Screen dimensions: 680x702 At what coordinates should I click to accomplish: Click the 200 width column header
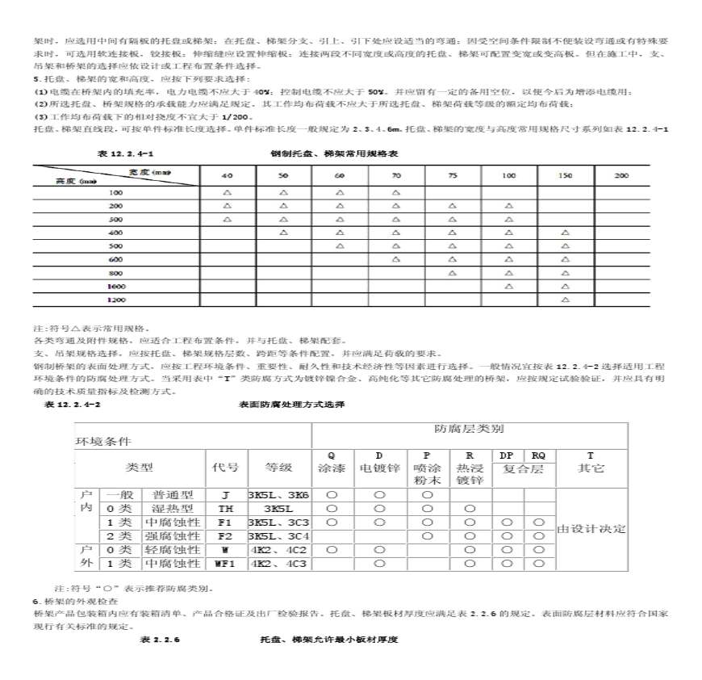[621, 175]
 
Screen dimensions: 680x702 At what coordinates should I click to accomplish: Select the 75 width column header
[452, 175]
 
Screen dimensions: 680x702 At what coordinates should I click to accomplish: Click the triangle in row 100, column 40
[227, 192]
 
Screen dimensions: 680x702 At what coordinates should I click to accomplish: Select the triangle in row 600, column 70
[396, 259]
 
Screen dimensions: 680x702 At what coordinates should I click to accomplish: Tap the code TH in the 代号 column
[225, 509]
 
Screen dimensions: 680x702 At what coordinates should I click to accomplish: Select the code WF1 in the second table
[225, 563]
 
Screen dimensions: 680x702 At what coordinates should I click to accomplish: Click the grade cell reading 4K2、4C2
[278, 549]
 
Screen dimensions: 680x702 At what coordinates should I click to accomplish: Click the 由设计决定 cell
[591, 528]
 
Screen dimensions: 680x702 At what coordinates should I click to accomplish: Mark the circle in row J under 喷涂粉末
[428, 495]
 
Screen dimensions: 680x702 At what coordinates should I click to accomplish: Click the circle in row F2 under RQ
[538, 535]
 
